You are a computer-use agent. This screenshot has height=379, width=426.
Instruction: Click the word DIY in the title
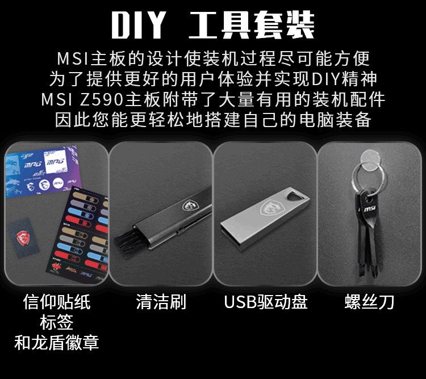coord(139,25)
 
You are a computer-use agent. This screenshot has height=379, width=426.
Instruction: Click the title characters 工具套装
coord(252,25)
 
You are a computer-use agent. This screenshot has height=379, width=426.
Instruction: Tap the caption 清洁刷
coord(161,302)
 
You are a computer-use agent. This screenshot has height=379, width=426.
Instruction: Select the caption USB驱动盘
coord(265,302)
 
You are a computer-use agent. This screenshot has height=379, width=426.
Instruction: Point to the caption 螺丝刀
coord(369,302)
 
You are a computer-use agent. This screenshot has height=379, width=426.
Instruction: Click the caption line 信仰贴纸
coord(56,302)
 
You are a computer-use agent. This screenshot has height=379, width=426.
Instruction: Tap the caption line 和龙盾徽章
coord(56,342)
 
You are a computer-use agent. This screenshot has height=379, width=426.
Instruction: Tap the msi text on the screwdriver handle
coord(370,209)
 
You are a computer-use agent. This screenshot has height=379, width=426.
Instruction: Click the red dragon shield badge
coord(23,237)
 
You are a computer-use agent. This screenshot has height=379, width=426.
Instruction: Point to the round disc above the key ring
coord(371,160)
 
